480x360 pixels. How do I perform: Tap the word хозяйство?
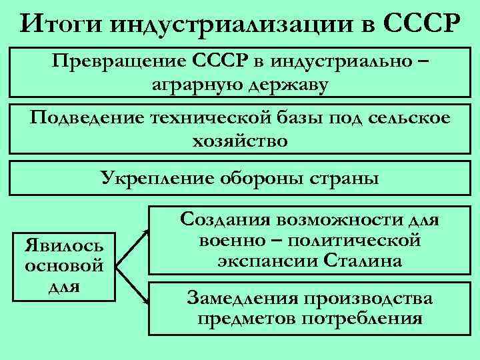pyautogui.click(x=240, y=141)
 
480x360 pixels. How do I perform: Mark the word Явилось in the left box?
pyautogui.click(x=63, y=243)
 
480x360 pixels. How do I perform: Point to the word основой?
pyautogui.click(x=63, y=265)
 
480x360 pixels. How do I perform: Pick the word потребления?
pyautogui.click(x=362, y=318)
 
